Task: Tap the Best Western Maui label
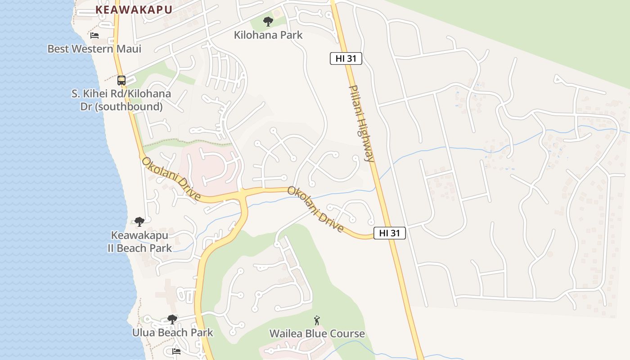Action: click(x=94, y=49)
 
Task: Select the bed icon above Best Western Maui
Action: click(x=94, y=35)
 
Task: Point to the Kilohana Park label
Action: click(x=268, y=35)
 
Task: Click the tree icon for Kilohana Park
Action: click(x=268, y=21)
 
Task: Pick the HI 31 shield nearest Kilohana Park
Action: click(x=346, y=58)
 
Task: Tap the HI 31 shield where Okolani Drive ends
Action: click(x=390, y=233)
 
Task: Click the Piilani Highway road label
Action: click(x=362, y=123)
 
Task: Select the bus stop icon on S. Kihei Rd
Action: click(x=121, y=81)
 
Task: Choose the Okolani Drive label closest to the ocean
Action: click(x=171, y=179)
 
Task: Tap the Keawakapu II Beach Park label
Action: click(x=139, y=242)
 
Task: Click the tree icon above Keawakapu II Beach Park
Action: click(x=139, y=221)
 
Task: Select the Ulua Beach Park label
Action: click(x=172, y=333)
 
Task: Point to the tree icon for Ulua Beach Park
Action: click(x=172, y=319)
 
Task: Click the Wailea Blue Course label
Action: click(x=317, y=333)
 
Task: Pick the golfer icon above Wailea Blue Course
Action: click(x=317, y=320)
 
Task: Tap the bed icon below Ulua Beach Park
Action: click(x=176, y=351)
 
